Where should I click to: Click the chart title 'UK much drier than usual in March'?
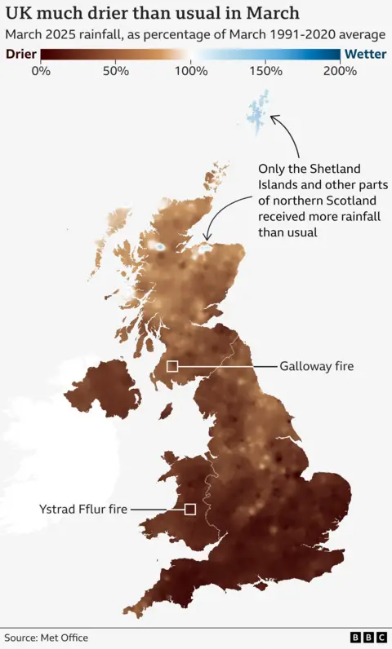(x=152, y=14)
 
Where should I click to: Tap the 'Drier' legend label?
(x=20, y=55)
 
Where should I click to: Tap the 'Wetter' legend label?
(x=364, y=55)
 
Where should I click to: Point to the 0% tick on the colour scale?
(x=40, y=70)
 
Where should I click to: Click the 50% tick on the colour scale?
(x=115, y=70)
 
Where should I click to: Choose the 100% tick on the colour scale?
(x=190, y=70)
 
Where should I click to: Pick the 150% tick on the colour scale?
(x=265, y=70)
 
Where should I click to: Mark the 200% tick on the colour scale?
(x=340, y=70)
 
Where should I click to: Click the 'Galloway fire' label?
(x=316, y=367)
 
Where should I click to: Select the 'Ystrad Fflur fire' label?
(x=83, y=510)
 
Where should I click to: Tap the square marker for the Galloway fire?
(x=172, y=366)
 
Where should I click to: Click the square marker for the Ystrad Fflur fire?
(x=190, y=509)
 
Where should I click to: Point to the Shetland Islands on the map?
(x=259, y=119)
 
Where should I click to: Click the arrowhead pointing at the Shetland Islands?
(x=274, y=118)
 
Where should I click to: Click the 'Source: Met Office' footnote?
(x=46, y=638)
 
